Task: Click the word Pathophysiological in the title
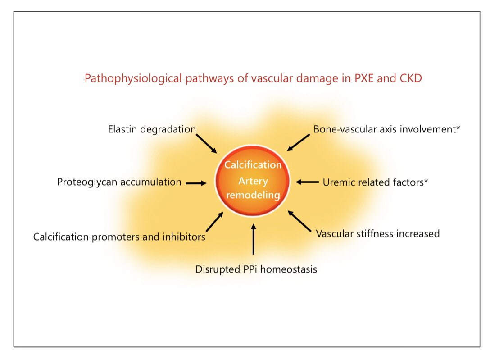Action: (128, 79)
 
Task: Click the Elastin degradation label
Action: (152, 129)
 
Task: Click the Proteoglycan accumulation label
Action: (119, 182)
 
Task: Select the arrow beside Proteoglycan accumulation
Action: (195, 183)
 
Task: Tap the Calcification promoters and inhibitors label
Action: (119, 237)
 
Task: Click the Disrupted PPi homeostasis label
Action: (256, 270)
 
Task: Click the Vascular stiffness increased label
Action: (377, 234)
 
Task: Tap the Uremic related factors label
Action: (372, 182)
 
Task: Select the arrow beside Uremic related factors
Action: (307, 182)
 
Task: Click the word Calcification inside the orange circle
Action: (253, 165)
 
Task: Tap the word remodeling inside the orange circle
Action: (253, 196)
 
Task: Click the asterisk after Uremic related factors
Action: (426, 181)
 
